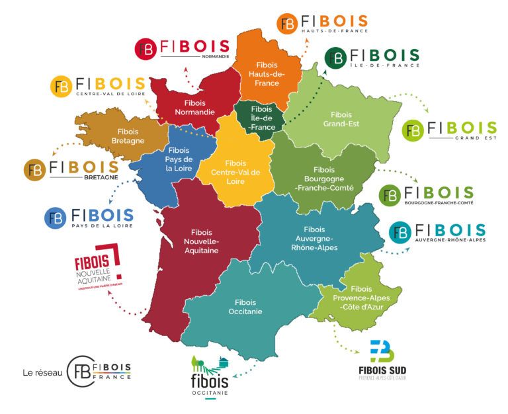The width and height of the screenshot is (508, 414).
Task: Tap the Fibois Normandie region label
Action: click(x=190, y=108)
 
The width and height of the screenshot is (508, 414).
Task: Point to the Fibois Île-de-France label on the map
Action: click(x=262, y=119)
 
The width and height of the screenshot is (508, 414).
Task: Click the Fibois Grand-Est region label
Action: click(x=341, y=119)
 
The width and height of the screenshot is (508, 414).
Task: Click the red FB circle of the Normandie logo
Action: click(x=146, y=49)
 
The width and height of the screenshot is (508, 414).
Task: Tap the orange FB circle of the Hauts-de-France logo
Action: click(x=287, y=24)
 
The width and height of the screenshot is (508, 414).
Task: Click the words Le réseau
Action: click(x=42, y=373)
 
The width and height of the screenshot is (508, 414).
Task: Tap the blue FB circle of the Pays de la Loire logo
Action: click(x=56, y=218)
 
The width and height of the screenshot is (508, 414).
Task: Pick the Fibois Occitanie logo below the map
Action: click(x=209, y=377)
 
